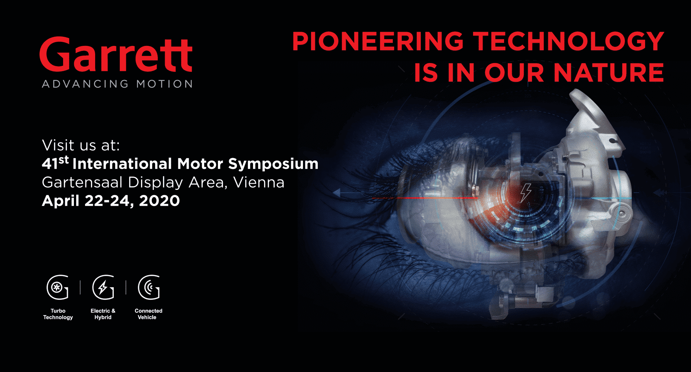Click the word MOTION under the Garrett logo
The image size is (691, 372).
pyautogui.click(x=164, y=84)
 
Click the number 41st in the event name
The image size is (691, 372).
pyautogui.click(x=55, y=163)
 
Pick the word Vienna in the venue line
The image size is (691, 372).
pyautogui.click(x=259, y=182)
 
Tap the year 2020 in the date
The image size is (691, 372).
pyautogui.click(x=159, y=201)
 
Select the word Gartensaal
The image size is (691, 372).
pyautogui.click(x=82, y=182)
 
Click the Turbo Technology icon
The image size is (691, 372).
pyautogui.click(x=57, y=287)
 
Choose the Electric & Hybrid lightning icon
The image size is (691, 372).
pyautogui.click(x=103, y=287)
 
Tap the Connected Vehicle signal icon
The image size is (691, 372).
pyautogui.click(x=149, y=287)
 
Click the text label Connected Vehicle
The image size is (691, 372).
pyautogui.click(x=148, y=314)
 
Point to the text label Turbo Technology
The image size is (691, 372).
pyautogui.click(x=58, y=314)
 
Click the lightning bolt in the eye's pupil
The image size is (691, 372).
pyautogui.click(x=526, y=193)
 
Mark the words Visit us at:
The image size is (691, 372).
pyautogui.click(x=81, y=145)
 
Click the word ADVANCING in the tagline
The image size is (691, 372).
pyautogui.click(x=85, y=84)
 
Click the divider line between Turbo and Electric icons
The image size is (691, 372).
pyautogui.click(x=80, y=287)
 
